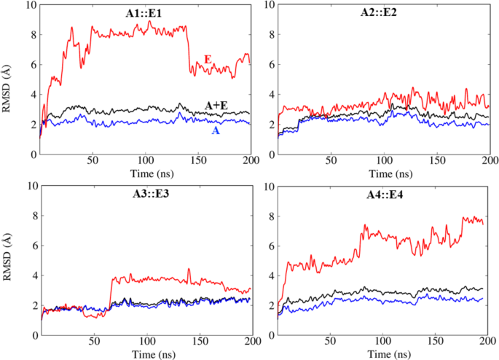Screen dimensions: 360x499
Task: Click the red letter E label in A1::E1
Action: (x=208, y=59)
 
